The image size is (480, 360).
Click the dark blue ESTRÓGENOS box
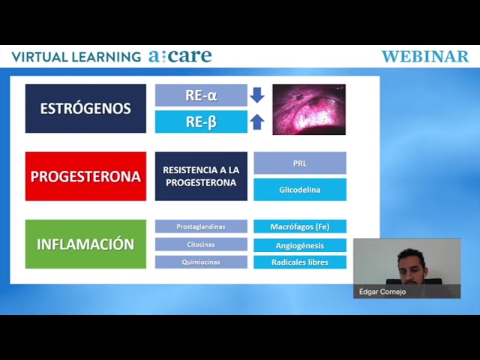click(x=85, y=108)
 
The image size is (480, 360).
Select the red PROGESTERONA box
click(x=85, y=176)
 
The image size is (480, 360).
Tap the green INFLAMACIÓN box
click(x=85, y=244)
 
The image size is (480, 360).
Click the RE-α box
click(x=201, y=95)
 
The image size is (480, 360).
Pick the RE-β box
click(x=201, y=121)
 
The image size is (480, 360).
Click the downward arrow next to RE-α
click(x=257, y=95)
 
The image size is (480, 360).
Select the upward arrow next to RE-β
click(x=257, y=121)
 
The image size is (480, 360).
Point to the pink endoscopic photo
click(x=309, y=109)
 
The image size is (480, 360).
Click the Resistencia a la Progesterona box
click(x=201, y=176)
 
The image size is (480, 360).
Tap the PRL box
click(x=300, y=163)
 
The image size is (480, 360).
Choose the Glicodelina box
click(x=300, y=190)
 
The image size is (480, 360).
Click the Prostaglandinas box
click(x=201, y=226)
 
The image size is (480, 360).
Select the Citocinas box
click(x=201, y=244)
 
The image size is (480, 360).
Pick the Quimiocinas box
click(x=201, y=262)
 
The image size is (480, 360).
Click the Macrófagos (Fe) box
click(x=300, y=226)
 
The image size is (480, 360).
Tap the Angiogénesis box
click(x=300, y=245)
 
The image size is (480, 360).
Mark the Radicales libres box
click(x=300, y=262)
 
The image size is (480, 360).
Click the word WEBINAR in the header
click(x=425, y=57)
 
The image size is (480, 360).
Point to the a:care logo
click(x=180, y=56)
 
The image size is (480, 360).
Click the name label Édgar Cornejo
click(x=382, y=292)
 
